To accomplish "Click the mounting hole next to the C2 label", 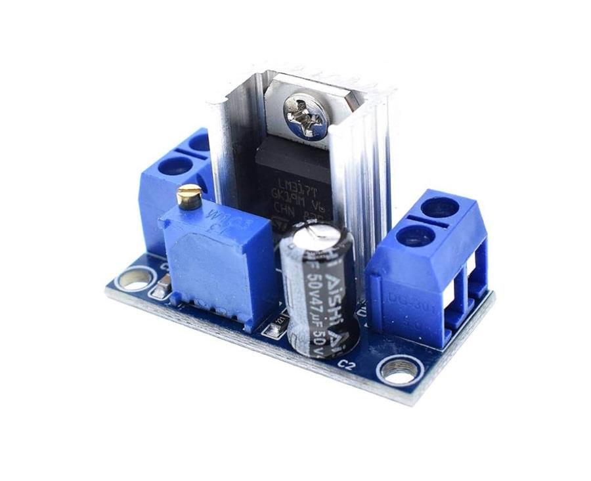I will tap(399, 371).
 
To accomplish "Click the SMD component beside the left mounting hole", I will tap(160, 287).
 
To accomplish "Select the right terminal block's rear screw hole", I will tap(439, 207).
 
